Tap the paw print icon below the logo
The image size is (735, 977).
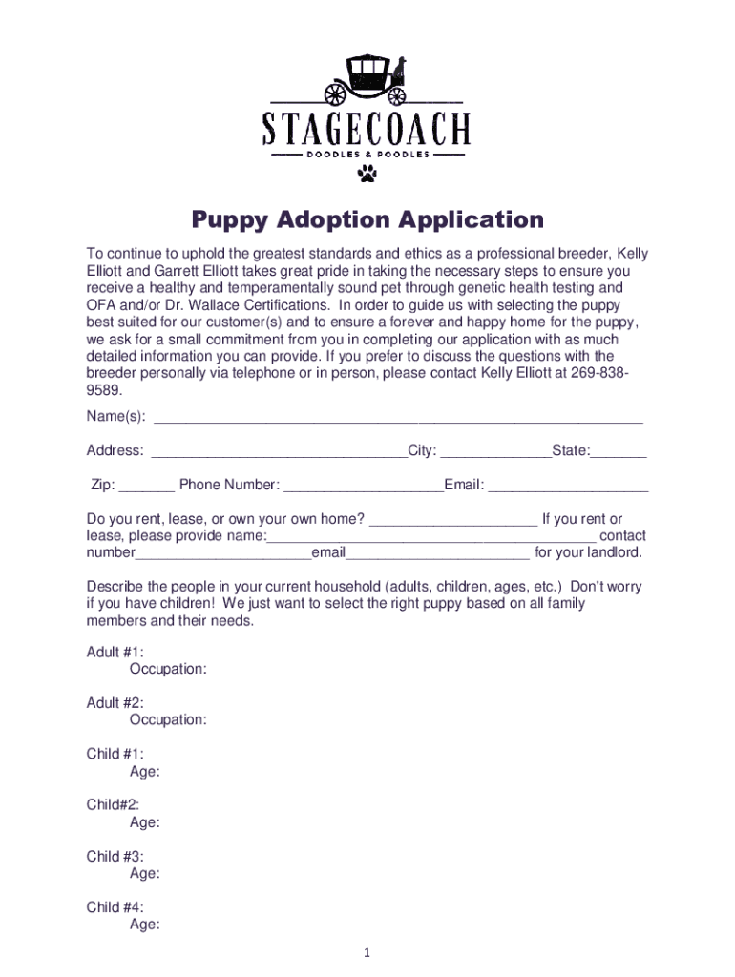click(x=367, y=173)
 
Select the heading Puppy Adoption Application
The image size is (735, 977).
click(x=367, y=221)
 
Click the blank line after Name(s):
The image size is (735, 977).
click(x=398, y=420)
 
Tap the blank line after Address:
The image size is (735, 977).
click(x=279, y=454)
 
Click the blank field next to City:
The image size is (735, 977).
click(x=495, y=454)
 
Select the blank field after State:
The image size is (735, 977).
click(x=619, y=454)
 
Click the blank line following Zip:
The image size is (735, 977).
click(x=148, y=488)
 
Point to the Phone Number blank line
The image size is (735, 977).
click(x=364, y=488)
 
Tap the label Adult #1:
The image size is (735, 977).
click(x=115, y=652)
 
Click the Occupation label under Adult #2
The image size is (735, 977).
click(x=168, y=720)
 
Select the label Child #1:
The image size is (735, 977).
click(x=115, y=754)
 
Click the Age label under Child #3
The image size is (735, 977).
click(x=144, y=873)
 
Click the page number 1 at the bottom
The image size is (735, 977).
click(x=367, y=953)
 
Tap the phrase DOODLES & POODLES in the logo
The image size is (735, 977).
click(x=367, y=154)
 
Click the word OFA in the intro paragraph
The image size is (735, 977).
click(x=101, y=305)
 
